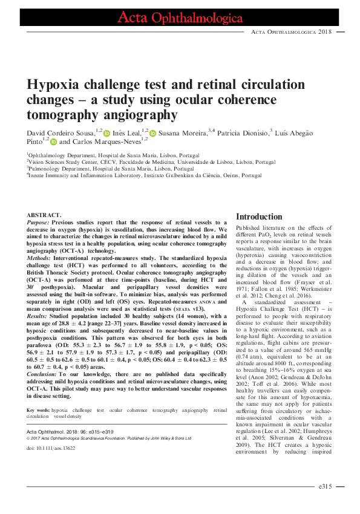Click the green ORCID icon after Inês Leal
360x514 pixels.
[152, 132]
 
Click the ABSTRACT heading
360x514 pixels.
[44, 215]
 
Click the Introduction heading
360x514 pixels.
[259, 217]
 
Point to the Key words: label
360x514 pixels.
[39, 394]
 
